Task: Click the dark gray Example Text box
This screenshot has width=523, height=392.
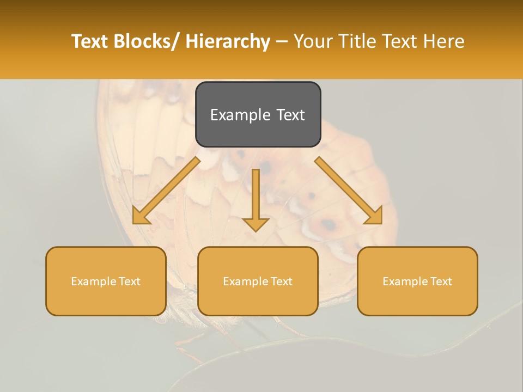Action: click(x=258, y=114)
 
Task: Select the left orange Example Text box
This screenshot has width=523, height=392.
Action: click(x=106, y=281)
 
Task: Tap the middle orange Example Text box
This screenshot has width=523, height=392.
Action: click(x=258, y=281)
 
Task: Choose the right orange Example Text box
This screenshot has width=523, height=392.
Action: click(x=417, y=281)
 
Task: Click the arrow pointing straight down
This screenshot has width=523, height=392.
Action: click(x=256, y=199)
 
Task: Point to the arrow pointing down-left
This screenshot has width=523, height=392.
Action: click(x=167, y=191)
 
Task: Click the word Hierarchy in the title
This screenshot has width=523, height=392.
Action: click(x=228, y=41)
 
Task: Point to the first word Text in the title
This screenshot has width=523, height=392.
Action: click(x=90, y=41)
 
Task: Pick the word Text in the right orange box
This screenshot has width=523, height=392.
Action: click(x=441, y=281)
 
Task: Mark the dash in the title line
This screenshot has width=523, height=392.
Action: click(x=282, y=41)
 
